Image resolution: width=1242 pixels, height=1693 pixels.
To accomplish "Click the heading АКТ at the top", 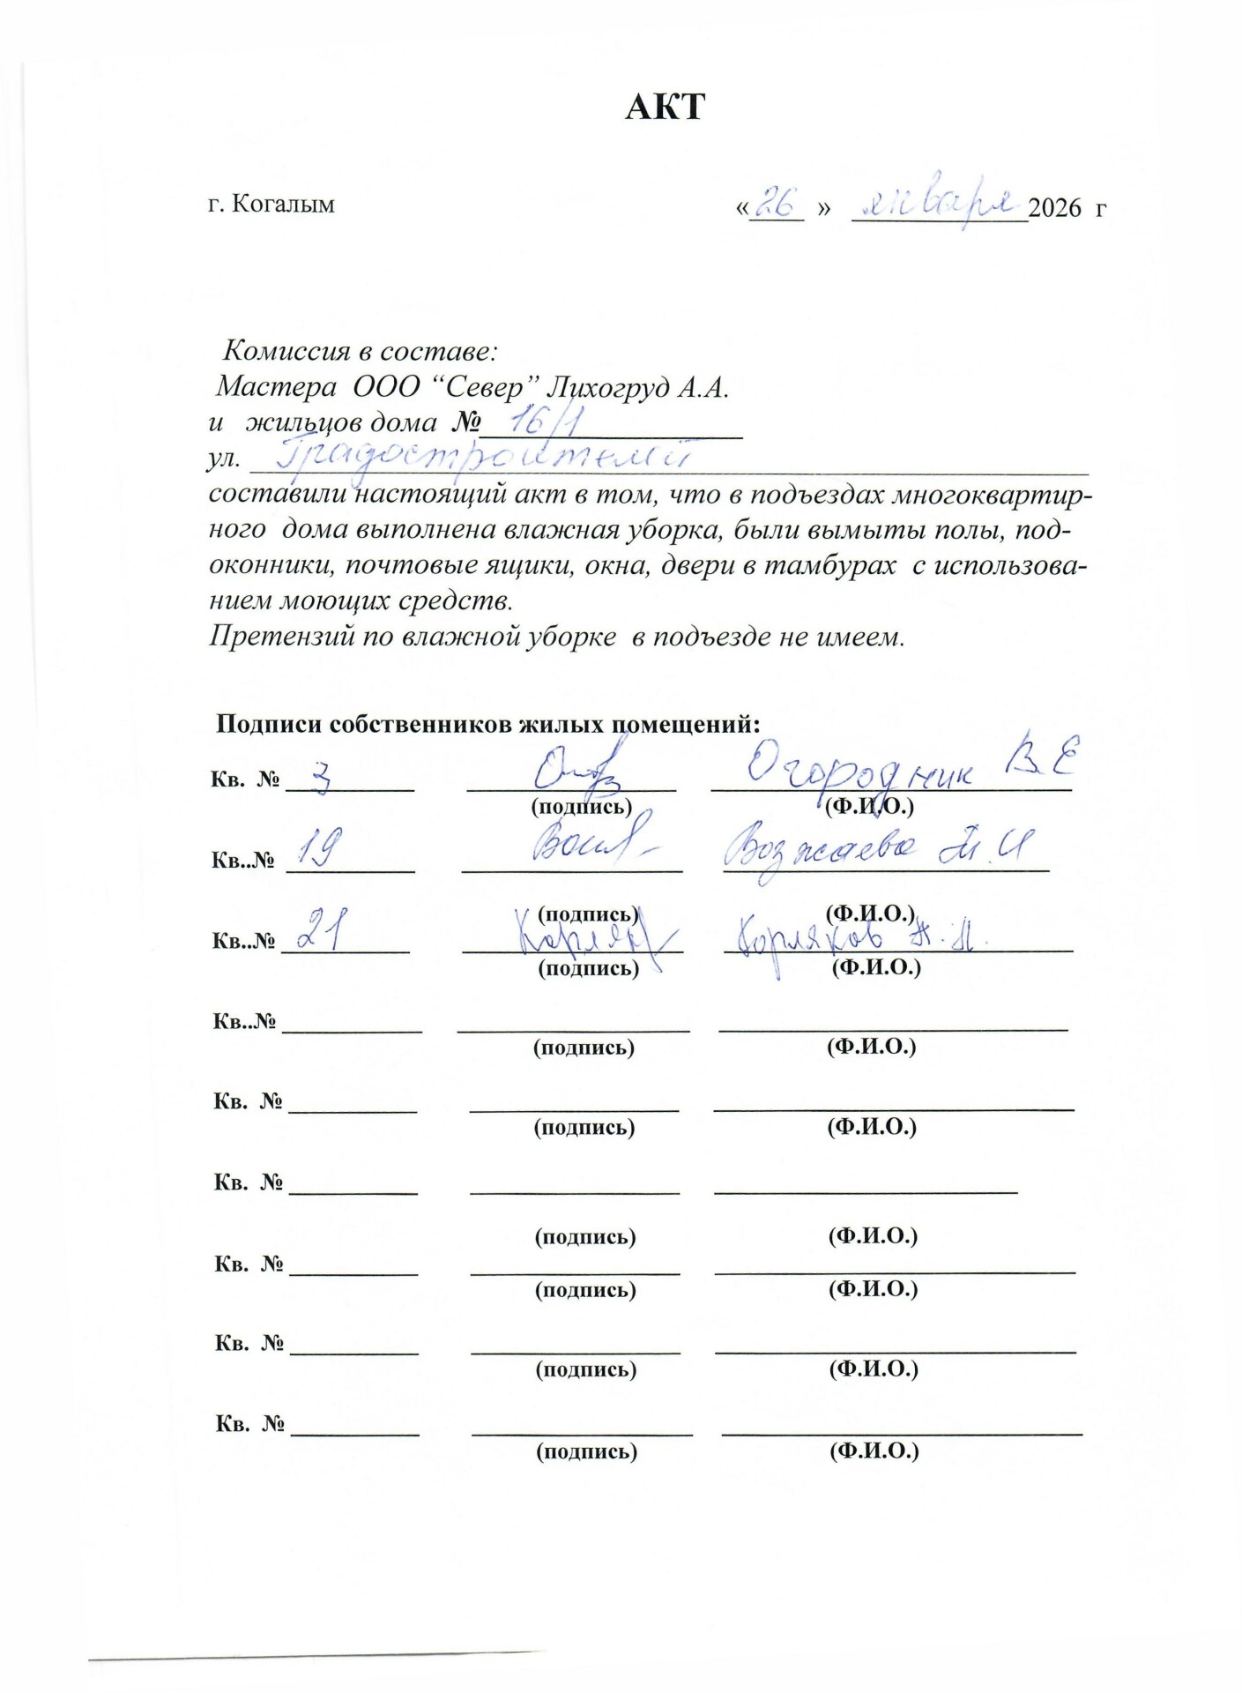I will pos(665,107).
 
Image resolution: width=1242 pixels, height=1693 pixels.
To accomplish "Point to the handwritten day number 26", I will pos(775,203).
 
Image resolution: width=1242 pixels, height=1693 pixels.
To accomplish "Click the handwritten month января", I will pos(938,205).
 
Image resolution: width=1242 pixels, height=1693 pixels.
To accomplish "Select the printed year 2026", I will pos(1054,208).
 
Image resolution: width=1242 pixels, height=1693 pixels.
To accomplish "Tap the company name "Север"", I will pos(489,387).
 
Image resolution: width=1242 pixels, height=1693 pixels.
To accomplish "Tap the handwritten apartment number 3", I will pos(322,778).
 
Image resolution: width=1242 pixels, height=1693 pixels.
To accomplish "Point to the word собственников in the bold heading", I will pos(422,725).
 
